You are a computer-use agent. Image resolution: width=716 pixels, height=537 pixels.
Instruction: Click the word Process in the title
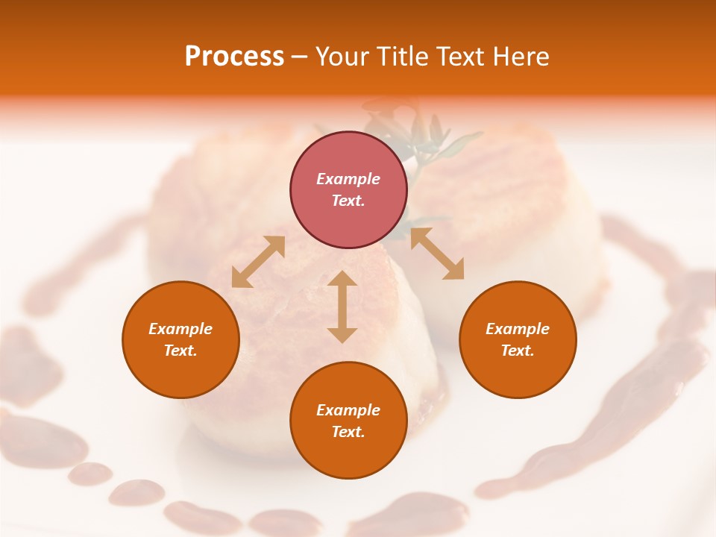234,57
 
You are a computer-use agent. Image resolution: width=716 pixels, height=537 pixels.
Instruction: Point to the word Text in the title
461,57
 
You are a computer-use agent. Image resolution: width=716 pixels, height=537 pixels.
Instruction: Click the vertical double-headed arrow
342,307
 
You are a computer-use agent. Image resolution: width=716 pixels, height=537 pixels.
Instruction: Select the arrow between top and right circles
437,254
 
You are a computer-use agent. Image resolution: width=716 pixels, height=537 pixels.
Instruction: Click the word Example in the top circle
348,179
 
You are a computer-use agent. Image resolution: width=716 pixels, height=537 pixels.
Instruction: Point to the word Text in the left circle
180,351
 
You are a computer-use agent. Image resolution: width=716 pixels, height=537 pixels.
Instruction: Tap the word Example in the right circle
518,329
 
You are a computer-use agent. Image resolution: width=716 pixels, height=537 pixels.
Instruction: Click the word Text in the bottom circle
348,432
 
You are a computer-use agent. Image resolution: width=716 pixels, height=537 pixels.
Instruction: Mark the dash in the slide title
300,57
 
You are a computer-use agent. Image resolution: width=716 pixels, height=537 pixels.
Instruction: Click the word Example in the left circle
180,329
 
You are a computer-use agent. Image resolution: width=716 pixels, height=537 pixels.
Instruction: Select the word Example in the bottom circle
348,410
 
